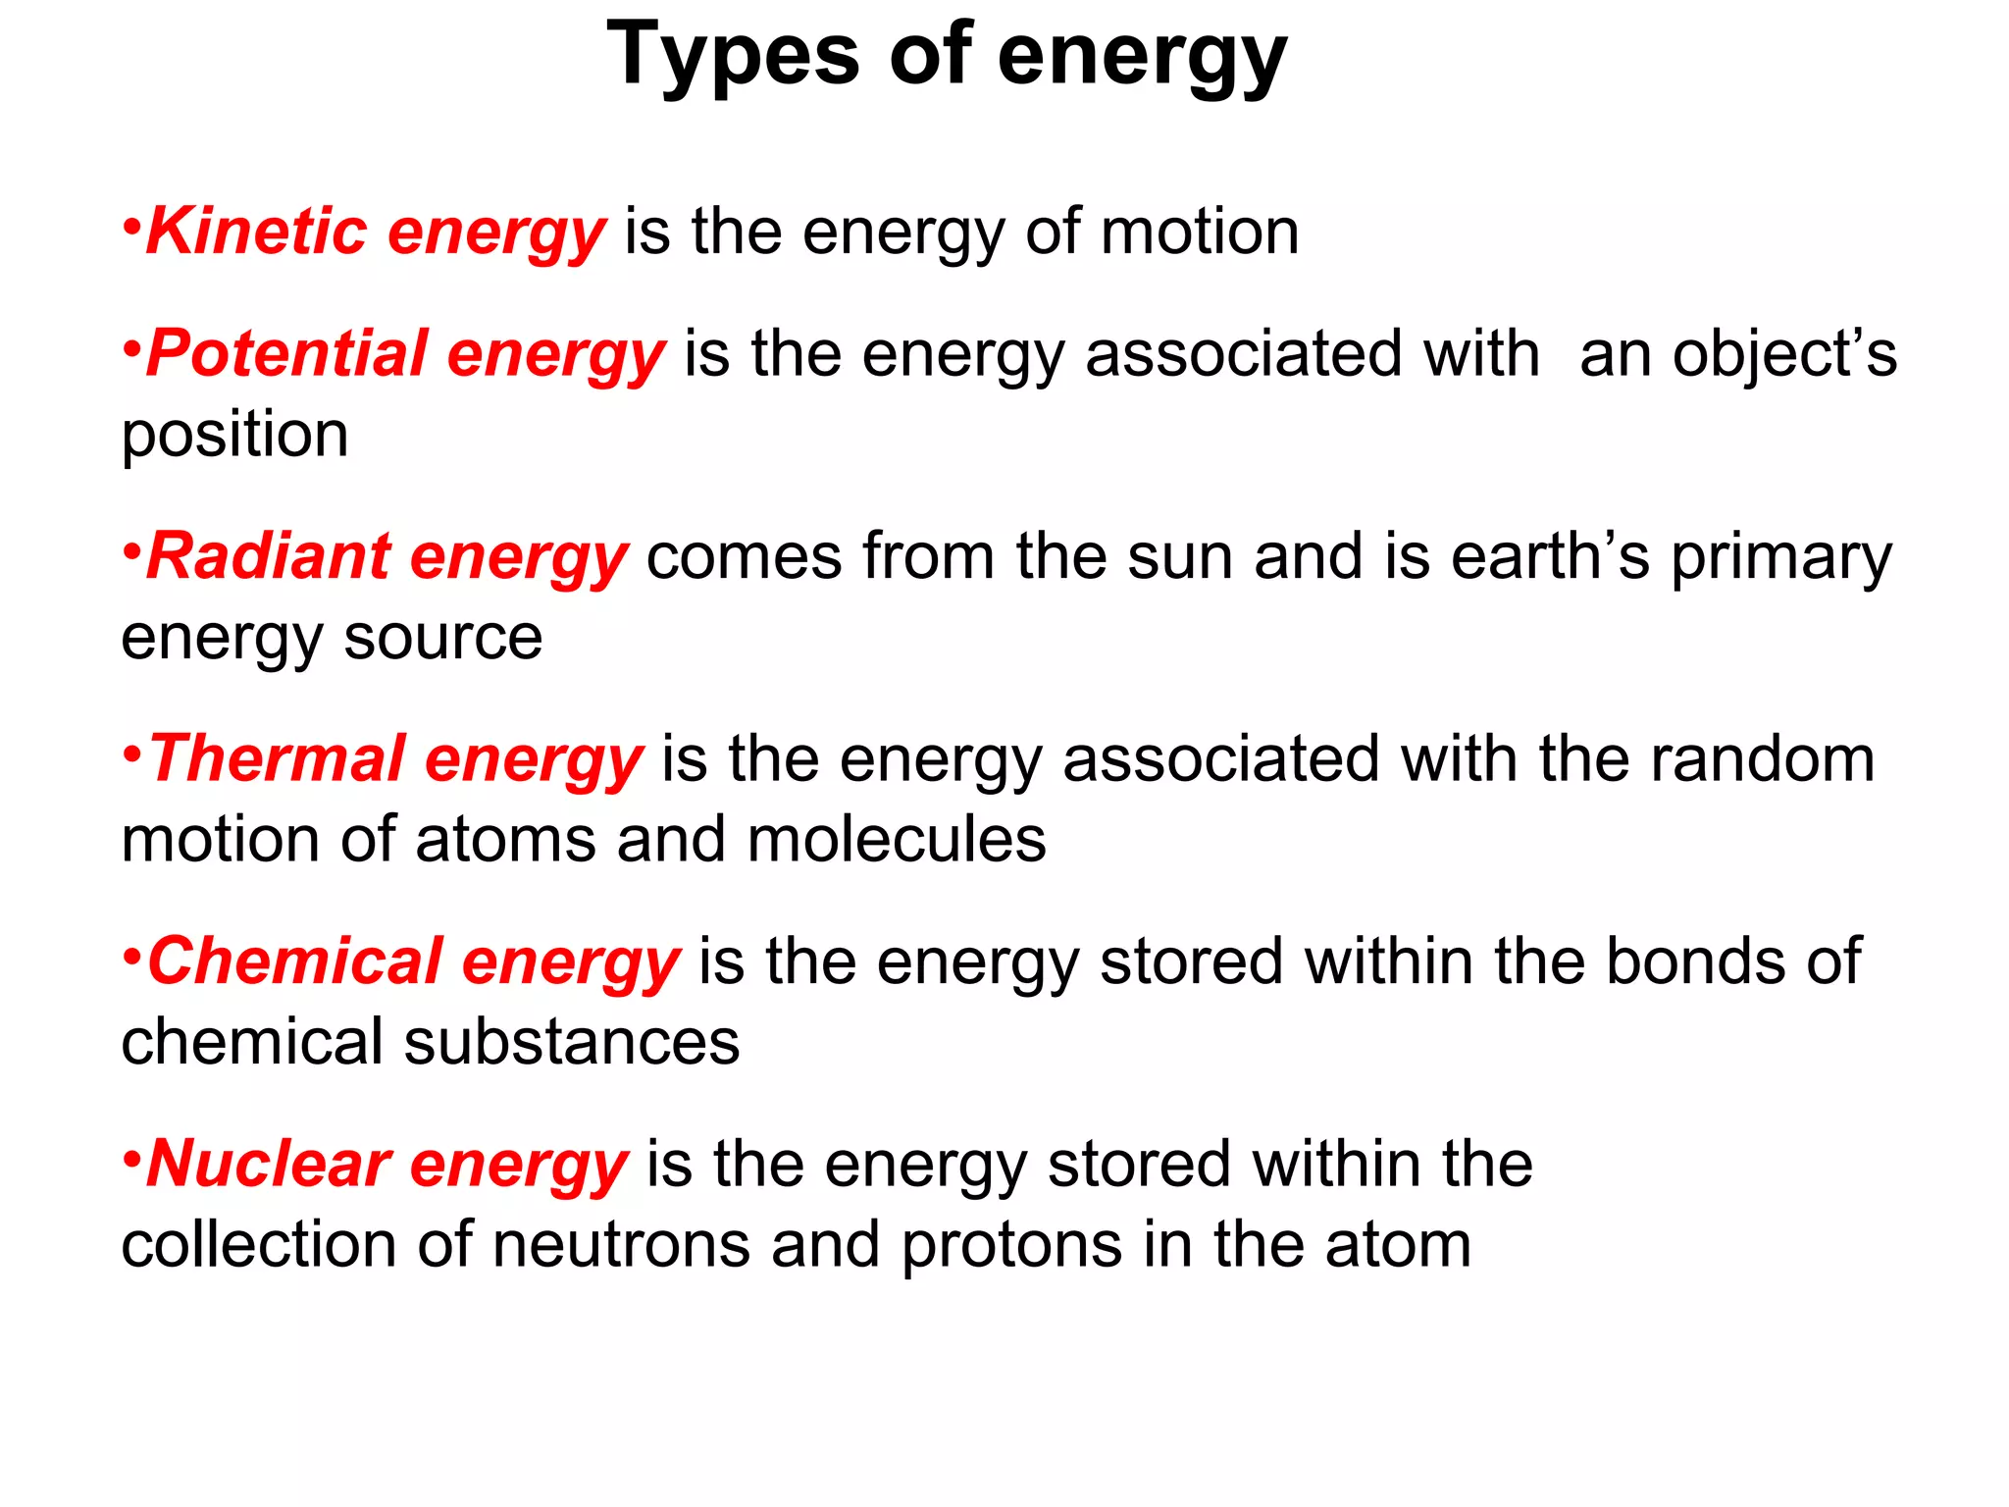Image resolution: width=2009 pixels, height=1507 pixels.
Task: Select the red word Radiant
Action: tap(268, 556)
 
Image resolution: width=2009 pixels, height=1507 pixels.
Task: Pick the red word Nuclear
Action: tap(268, 1164)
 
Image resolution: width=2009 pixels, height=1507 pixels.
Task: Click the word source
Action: tap(442, 638)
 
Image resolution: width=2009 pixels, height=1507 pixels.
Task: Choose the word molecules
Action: tap(897, 840)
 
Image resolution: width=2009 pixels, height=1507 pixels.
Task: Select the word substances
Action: tap(572, 1042)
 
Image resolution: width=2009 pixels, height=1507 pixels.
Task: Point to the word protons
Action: tap(1011, 1245)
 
